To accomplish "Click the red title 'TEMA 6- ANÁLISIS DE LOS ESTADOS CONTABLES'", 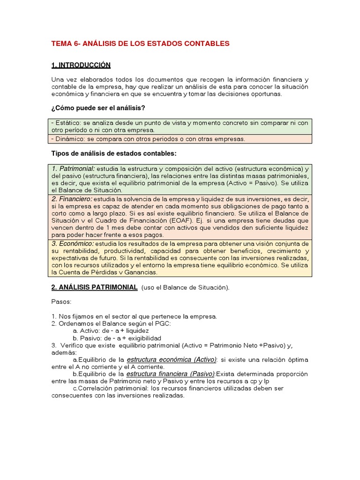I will coord(140,44).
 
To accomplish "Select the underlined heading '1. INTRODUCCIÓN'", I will coord(81,65).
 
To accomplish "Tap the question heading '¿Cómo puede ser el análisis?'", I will coord(98,108).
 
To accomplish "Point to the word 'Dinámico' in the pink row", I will coord(68,139).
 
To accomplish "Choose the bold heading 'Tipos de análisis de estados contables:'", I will coord(113,154).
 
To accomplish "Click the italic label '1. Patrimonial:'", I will coord(73,168).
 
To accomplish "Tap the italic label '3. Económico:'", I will coord(73,243).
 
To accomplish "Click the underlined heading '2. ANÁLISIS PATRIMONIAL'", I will coord(94,287).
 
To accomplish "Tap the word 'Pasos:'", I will coord(61,302).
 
